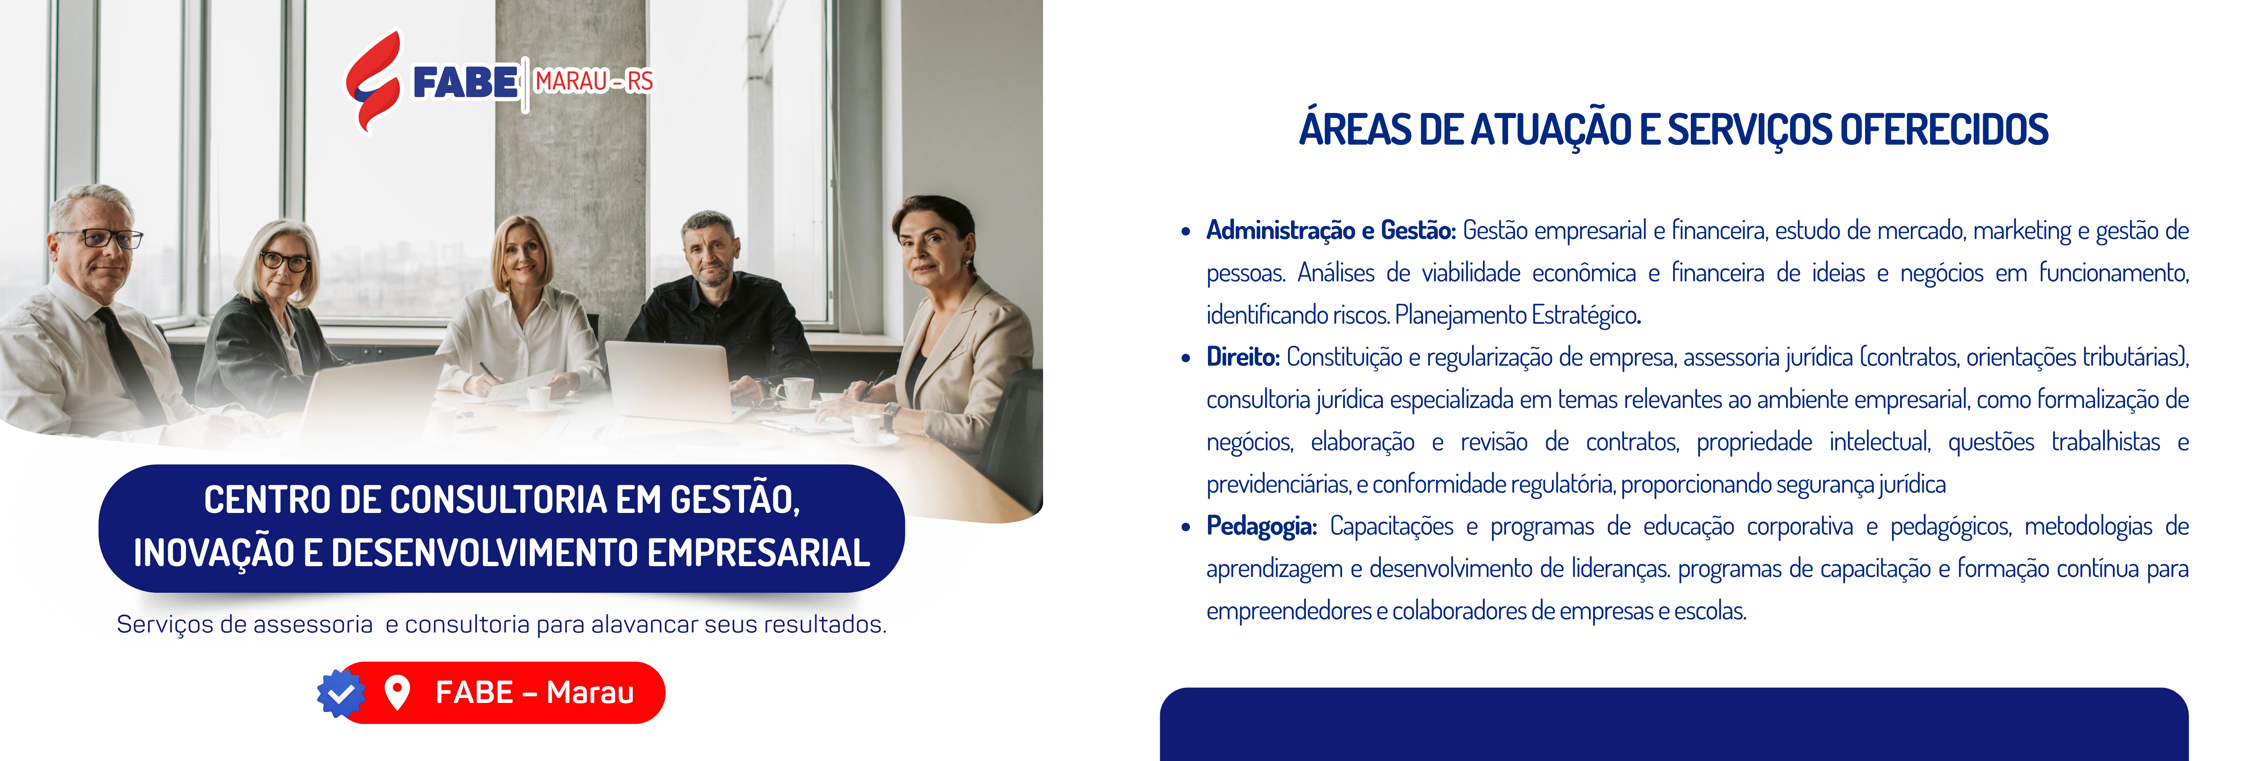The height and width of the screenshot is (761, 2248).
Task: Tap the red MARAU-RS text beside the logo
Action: click(593, 81)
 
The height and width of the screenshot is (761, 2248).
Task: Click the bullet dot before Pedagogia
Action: click(1185, 527)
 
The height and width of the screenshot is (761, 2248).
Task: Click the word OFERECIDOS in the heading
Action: click(1943, 129)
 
